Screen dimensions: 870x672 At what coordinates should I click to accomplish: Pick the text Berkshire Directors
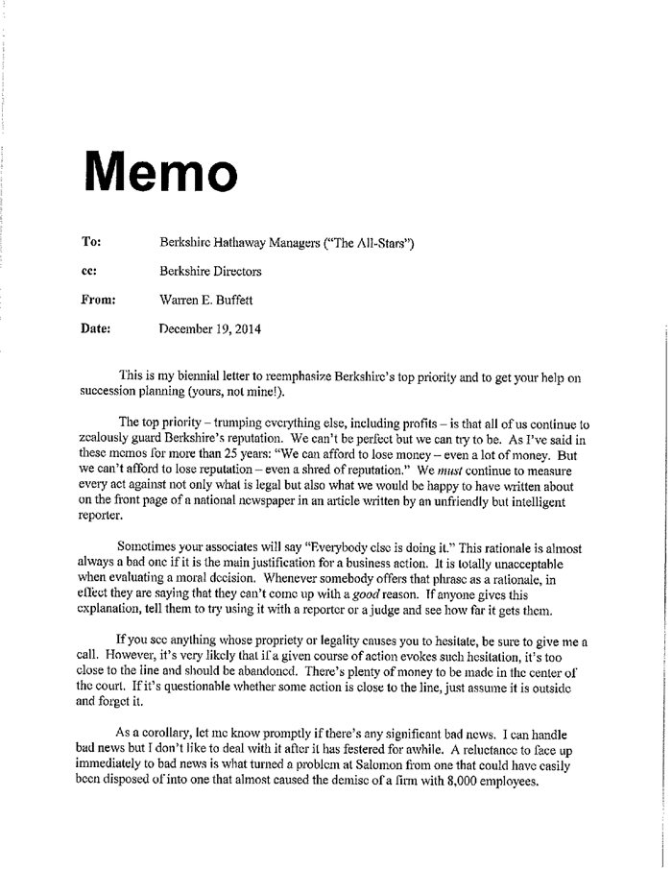212,272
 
